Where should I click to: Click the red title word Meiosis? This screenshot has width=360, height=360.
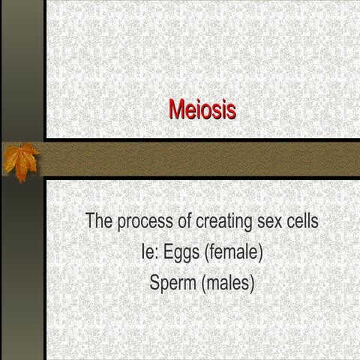point(202,109)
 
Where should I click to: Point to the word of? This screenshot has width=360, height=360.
point(183,221)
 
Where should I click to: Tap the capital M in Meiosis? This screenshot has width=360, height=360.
point(176,109)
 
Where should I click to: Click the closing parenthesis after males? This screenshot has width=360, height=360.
point(253,284)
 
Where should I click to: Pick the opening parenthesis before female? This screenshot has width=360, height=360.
point(207,253)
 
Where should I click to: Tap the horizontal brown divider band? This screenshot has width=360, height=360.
point(202,158)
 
